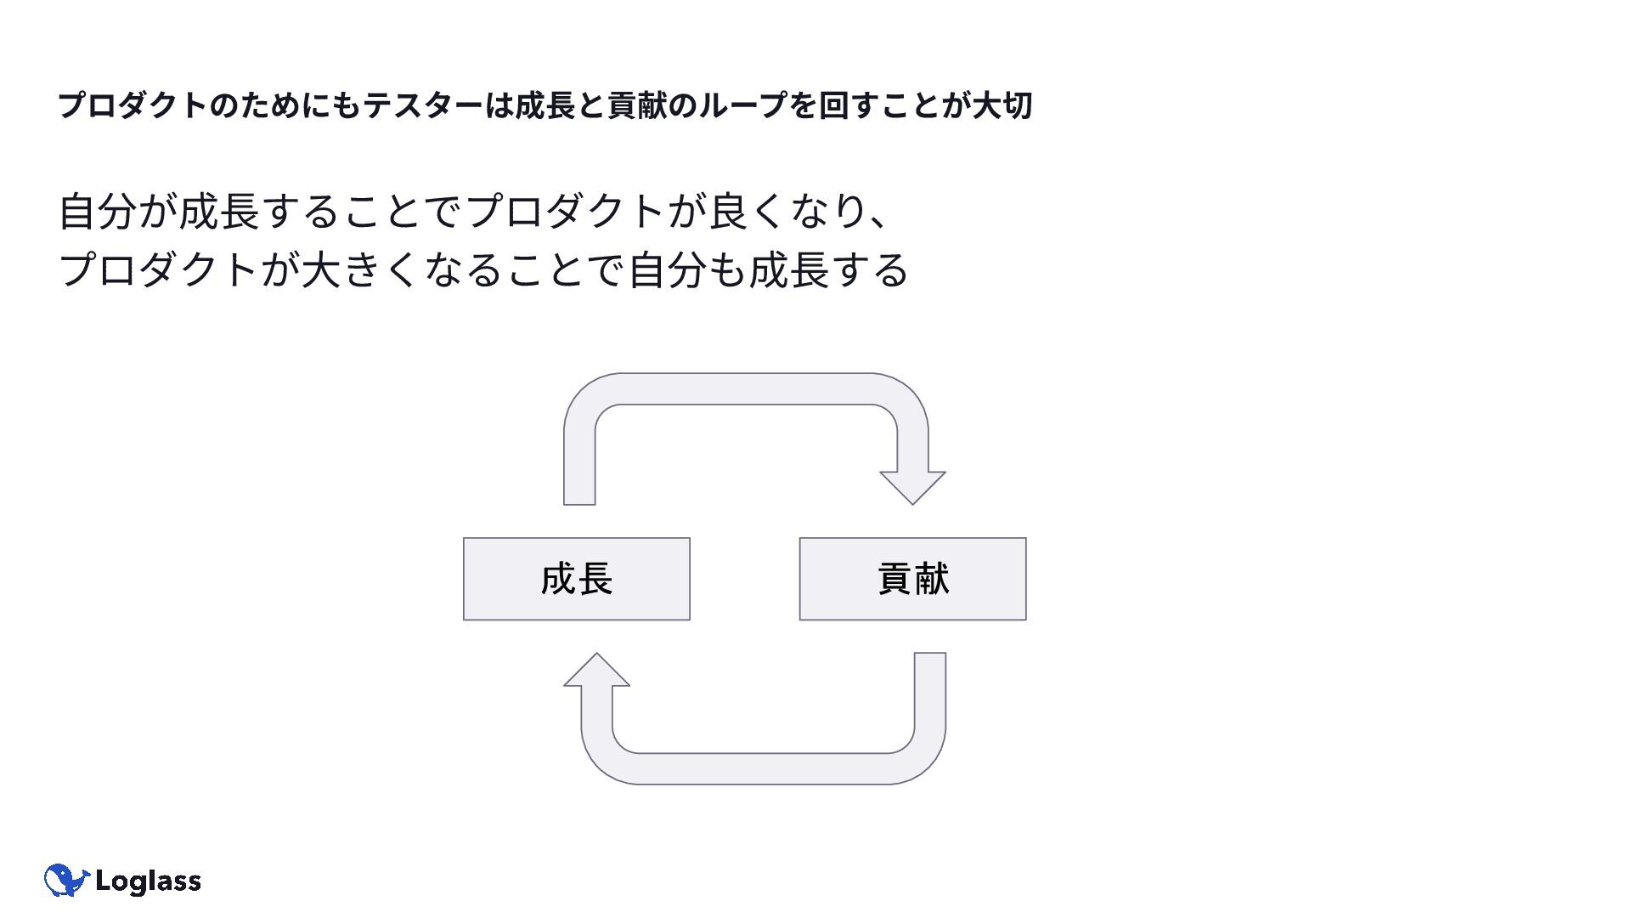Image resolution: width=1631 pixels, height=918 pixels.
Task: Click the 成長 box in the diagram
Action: click(x=576, y=579)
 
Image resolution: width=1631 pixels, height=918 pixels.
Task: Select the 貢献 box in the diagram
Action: click(x=912, y=579)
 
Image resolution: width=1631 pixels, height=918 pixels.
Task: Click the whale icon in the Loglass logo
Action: click(x=66, y=881)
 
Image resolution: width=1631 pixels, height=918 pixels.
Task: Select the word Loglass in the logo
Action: click(x=148, y=881)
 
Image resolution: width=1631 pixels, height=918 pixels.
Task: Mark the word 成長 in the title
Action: click(x=545, y=106)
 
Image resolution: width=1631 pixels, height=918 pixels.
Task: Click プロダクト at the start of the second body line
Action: click(x=158, y=270)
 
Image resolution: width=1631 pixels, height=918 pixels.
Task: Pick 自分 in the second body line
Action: click(x=668, y=270)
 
